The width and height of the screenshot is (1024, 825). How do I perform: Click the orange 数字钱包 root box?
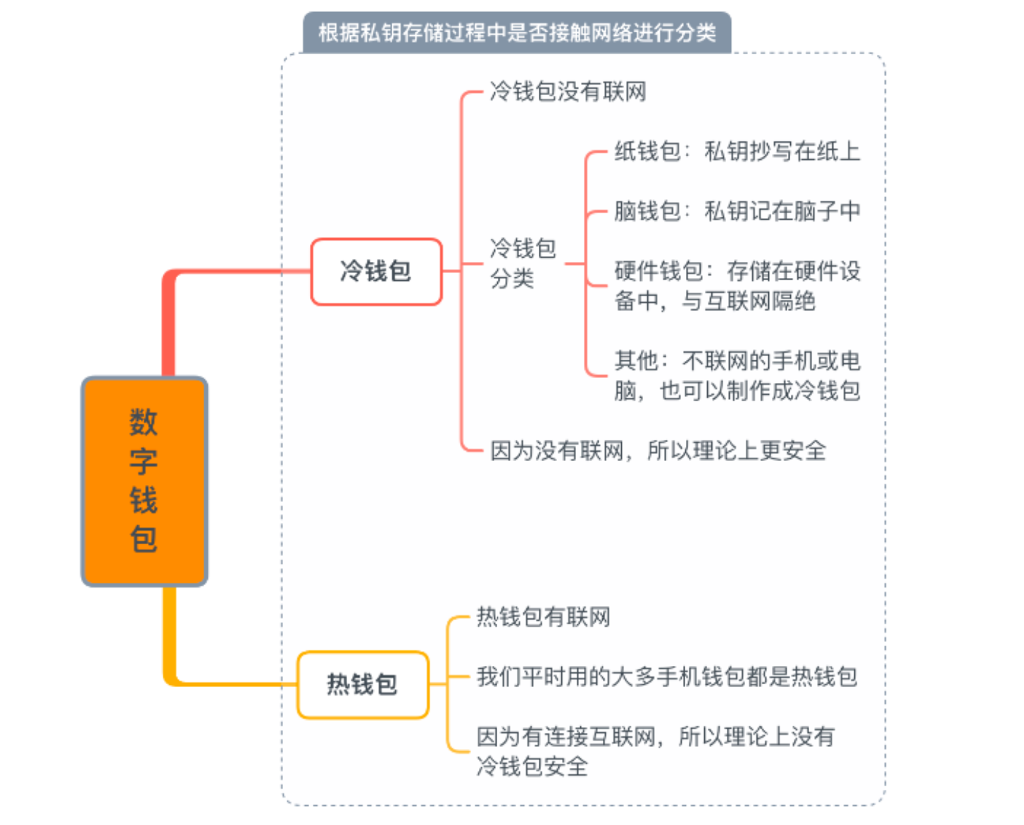pyautogui.click(x=144, y=481)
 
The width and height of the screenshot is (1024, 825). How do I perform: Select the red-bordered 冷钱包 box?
pyautogui.click(x=376, y=272)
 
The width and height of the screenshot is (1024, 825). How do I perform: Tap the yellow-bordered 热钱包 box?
pyautogui.click(x=363, y=685)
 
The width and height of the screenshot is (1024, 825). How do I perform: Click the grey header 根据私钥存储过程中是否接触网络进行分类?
pyautogui.click(x=517, y=32)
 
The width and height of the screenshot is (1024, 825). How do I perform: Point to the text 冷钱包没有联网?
pyautogui.click(x=568, y=92)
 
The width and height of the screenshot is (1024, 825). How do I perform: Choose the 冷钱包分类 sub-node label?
pyautogui.click(x=523, y=263)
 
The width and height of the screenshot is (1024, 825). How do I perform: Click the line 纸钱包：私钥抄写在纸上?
pyautogui.click(x=737, y=151)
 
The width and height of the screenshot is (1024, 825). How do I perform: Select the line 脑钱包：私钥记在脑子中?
pyautogui.click(x=737, y=210)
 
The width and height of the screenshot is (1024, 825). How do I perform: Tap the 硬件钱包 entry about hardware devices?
pyautogui.click(x=737, y=286)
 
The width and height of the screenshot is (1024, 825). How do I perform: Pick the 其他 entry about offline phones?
pyautogui.click(x=737, y=375)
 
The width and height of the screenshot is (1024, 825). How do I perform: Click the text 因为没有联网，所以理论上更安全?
pyautogui.click(x=658, y=451)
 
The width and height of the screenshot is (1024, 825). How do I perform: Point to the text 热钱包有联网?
pyautogui.click(x=544, y=617)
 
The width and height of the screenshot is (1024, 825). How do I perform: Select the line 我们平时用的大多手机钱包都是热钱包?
pyautogui.click(x=667, y=676)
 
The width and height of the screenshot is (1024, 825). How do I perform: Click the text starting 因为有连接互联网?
pyautogui.click(x=656, y=751)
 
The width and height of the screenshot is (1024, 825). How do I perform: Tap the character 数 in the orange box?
pyautogui.click(x=143, y=422)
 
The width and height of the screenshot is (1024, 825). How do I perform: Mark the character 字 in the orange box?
pyautogui.click(x=143, y=461)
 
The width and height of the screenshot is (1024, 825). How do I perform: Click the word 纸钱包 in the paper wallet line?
pyautogui.click(x=647, y=151)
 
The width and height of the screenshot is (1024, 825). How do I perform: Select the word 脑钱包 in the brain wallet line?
pyautogui.click(x=647, y=210)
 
